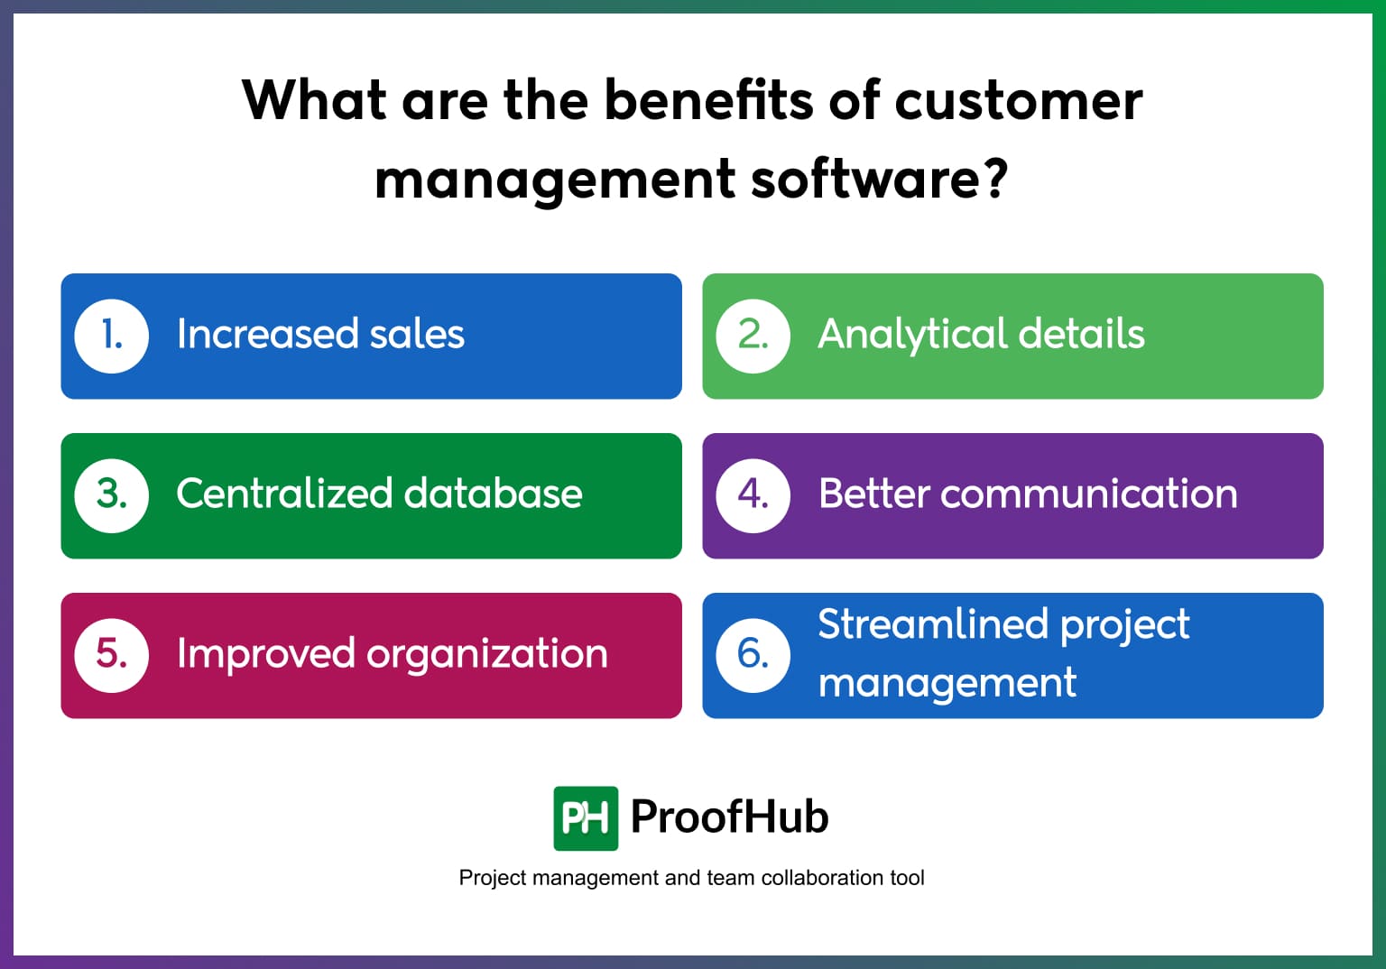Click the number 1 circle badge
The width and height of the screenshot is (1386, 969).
[111, 336]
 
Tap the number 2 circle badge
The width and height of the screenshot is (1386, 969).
[753, 336]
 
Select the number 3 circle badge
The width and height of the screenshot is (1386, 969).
[111, 495]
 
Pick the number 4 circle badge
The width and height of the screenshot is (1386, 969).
[753, 495]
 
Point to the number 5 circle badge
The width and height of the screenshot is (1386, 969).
[111, 655]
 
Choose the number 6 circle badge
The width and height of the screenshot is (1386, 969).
[753, 655]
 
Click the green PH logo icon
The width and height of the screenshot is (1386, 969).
[586, 818]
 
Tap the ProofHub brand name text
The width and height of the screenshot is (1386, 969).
[729, 817]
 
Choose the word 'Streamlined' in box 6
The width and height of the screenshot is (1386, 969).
[933, 624]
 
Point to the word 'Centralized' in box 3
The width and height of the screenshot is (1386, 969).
[284, 494]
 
